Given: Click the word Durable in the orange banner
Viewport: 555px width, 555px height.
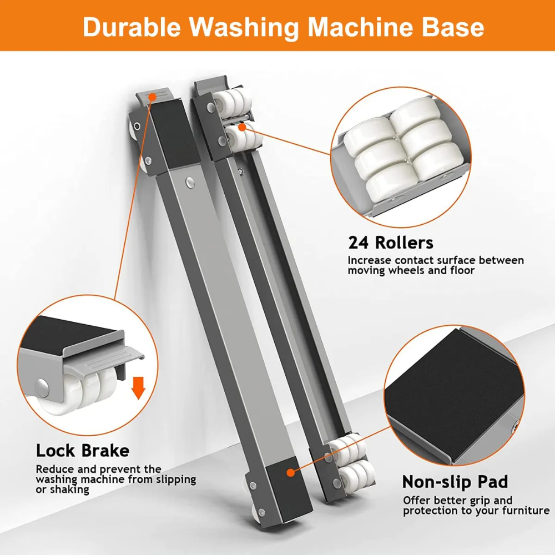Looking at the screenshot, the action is coord(132,27).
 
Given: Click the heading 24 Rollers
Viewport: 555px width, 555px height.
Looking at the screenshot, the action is coord(390,243).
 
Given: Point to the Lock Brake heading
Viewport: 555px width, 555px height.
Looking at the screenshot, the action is coord(83,451).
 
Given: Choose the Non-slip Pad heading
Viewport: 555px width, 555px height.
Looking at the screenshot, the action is coord(455,482).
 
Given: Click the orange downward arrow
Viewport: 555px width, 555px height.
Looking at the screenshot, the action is coord(138,388).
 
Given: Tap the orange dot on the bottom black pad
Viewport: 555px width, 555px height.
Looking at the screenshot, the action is coord(291,472).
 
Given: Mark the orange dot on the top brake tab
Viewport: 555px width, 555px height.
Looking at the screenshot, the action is coord(152,97).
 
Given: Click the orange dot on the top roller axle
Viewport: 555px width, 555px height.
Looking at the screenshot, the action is coord(242,127).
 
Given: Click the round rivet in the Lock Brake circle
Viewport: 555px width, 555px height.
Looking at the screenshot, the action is coord(43,387).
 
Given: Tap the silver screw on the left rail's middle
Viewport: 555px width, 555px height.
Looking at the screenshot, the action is coord(190,183).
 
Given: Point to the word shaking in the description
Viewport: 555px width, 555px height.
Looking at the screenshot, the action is coord(69,490).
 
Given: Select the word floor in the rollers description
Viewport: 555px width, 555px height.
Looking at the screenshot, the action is coord(462,270).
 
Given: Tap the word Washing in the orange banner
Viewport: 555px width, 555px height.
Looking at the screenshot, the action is coord(244,27).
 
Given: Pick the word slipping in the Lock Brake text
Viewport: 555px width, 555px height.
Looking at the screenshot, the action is coord(176,480).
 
